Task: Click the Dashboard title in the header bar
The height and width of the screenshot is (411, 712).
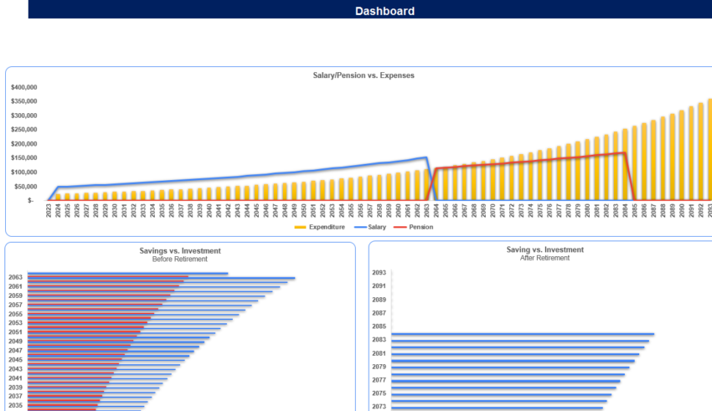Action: [x=384, y=11]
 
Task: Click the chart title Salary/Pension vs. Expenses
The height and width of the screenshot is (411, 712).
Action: [x=363, y=75]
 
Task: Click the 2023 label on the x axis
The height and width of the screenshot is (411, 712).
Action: [x=48, y=213]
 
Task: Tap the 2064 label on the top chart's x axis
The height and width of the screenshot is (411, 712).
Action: [x=436, y=213]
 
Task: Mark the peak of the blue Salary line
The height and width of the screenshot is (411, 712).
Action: [x=426, y=157]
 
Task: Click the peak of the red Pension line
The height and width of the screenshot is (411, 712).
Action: [x=624, y=152]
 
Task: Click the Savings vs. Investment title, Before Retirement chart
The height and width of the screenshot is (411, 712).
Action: [x=181, y=250]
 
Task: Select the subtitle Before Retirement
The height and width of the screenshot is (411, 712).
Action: [x=181, y=259]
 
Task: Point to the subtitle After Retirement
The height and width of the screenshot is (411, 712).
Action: [x=544, y=258]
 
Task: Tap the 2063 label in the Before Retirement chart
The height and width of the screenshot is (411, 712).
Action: [x=15, y=277]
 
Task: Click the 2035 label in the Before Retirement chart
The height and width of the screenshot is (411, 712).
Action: [x=15, y=405]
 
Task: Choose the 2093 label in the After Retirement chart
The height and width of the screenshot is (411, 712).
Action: [x=379, y=273]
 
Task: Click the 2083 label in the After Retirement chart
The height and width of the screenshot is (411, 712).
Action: [x=379, y=340]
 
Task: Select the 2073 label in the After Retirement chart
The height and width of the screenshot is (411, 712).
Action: [x=379, y=406]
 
